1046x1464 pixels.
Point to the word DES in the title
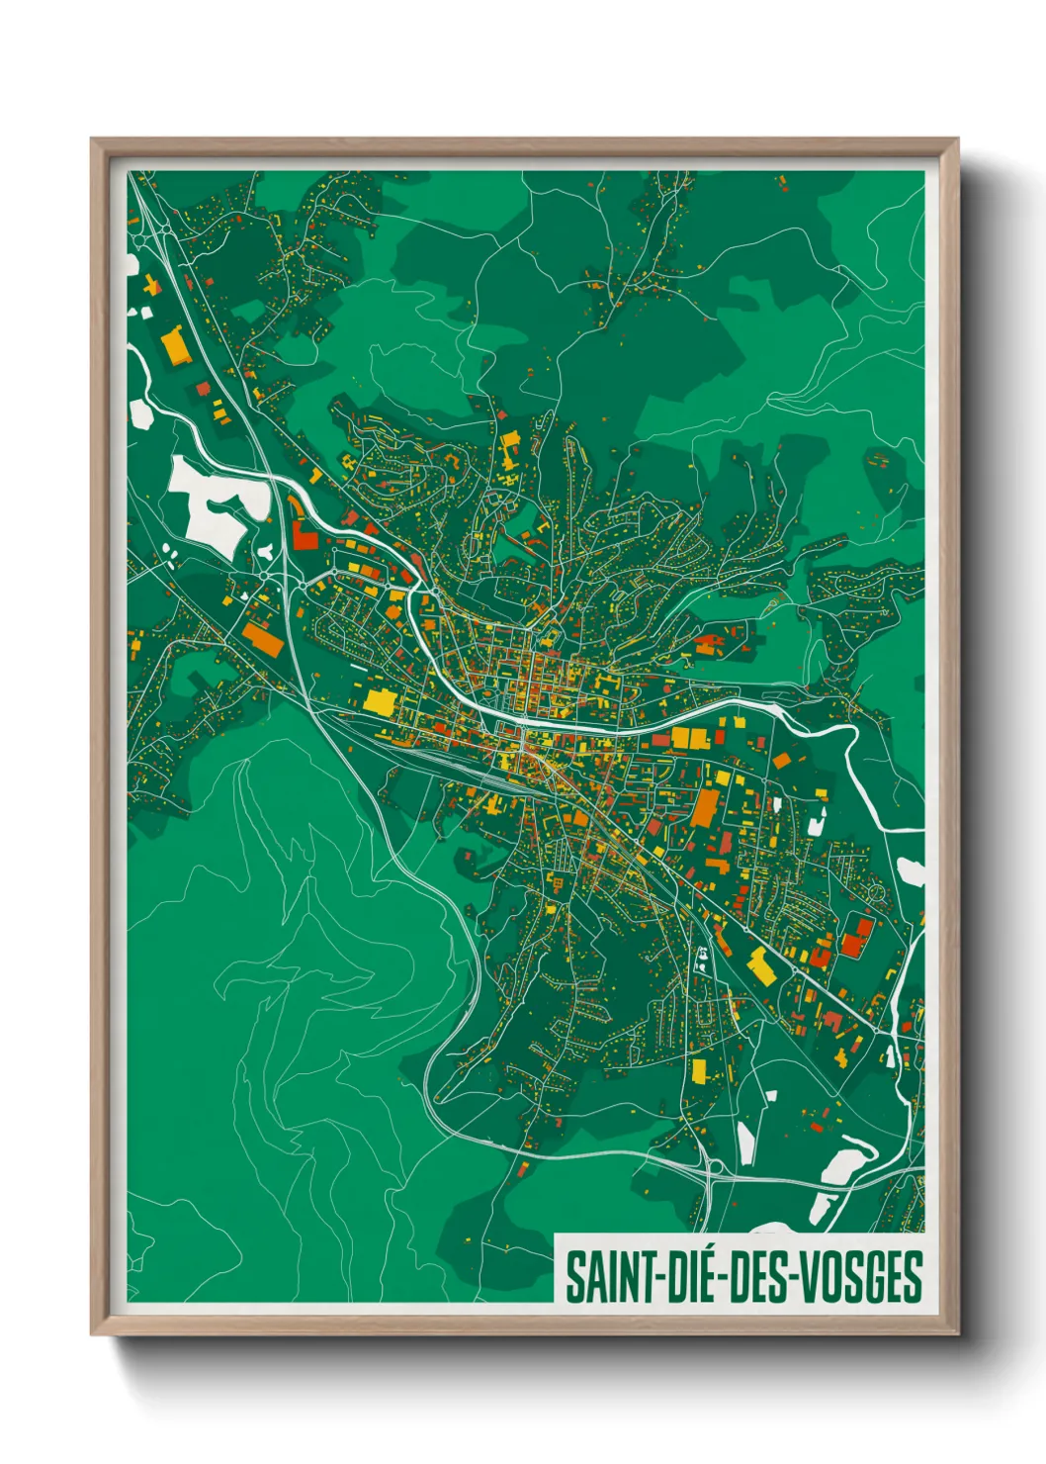(759, 1277)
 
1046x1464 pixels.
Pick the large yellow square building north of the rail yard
(379, 702)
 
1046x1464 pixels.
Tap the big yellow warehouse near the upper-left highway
(175, 348)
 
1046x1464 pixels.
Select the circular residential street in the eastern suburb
(874, 894)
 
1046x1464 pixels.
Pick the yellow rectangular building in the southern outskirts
(699, 1070)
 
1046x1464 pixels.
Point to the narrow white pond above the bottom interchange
(746, 1143)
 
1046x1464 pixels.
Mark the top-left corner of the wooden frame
(92, 139)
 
